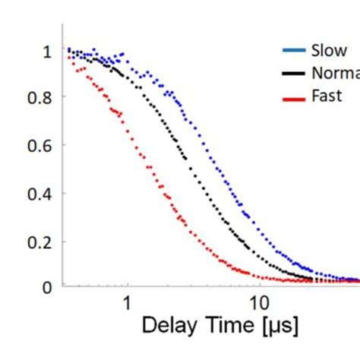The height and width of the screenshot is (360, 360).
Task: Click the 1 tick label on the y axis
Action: (48, 51)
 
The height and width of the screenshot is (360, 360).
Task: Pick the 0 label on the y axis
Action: (48, 287)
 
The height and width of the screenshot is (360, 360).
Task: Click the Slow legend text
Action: (329, 51)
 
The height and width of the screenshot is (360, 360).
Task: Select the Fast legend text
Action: (327, 96)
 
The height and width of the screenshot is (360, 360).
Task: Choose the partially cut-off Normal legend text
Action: (335, 73)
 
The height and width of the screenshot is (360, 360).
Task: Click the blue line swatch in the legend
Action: (293, 51)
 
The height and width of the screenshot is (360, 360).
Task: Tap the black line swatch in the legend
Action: (293, 74)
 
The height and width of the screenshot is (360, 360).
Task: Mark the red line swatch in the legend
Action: (293, 96)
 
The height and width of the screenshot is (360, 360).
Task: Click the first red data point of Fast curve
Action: (68, 58)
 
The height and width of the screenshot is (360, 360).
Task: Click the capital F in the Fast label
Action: (315, 96)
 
